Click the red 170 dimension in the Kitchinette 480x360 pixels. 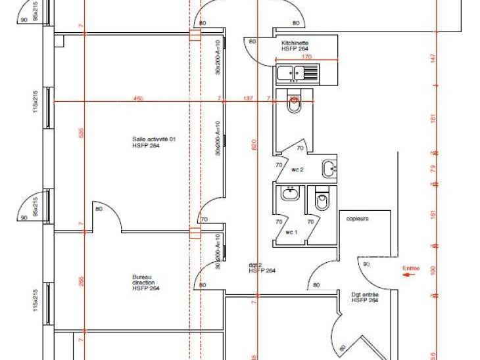[306, 57]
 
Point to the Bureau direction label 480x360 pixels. [145, 282]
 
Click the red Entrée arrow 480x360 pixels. [410, 277]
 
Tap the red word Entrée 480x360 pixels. [410, 268]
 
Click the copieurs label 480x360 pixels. [357, 218]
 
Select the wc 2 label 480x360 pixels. [298, 169]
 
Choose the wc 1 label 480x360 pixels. [292, 233]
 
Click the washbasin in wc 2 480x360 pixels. [329, 169]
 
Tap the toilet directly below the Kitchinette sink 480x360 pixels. [295, 104]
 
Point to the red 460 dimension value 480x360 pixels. [138, 99]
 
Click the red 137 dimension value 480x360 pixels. [248, 99]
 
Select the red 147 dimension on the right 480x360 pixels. [434, 58]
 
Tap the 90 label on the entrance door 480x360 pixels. [367, 263]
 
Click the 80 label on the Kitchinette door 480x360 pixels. [252, 42]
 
